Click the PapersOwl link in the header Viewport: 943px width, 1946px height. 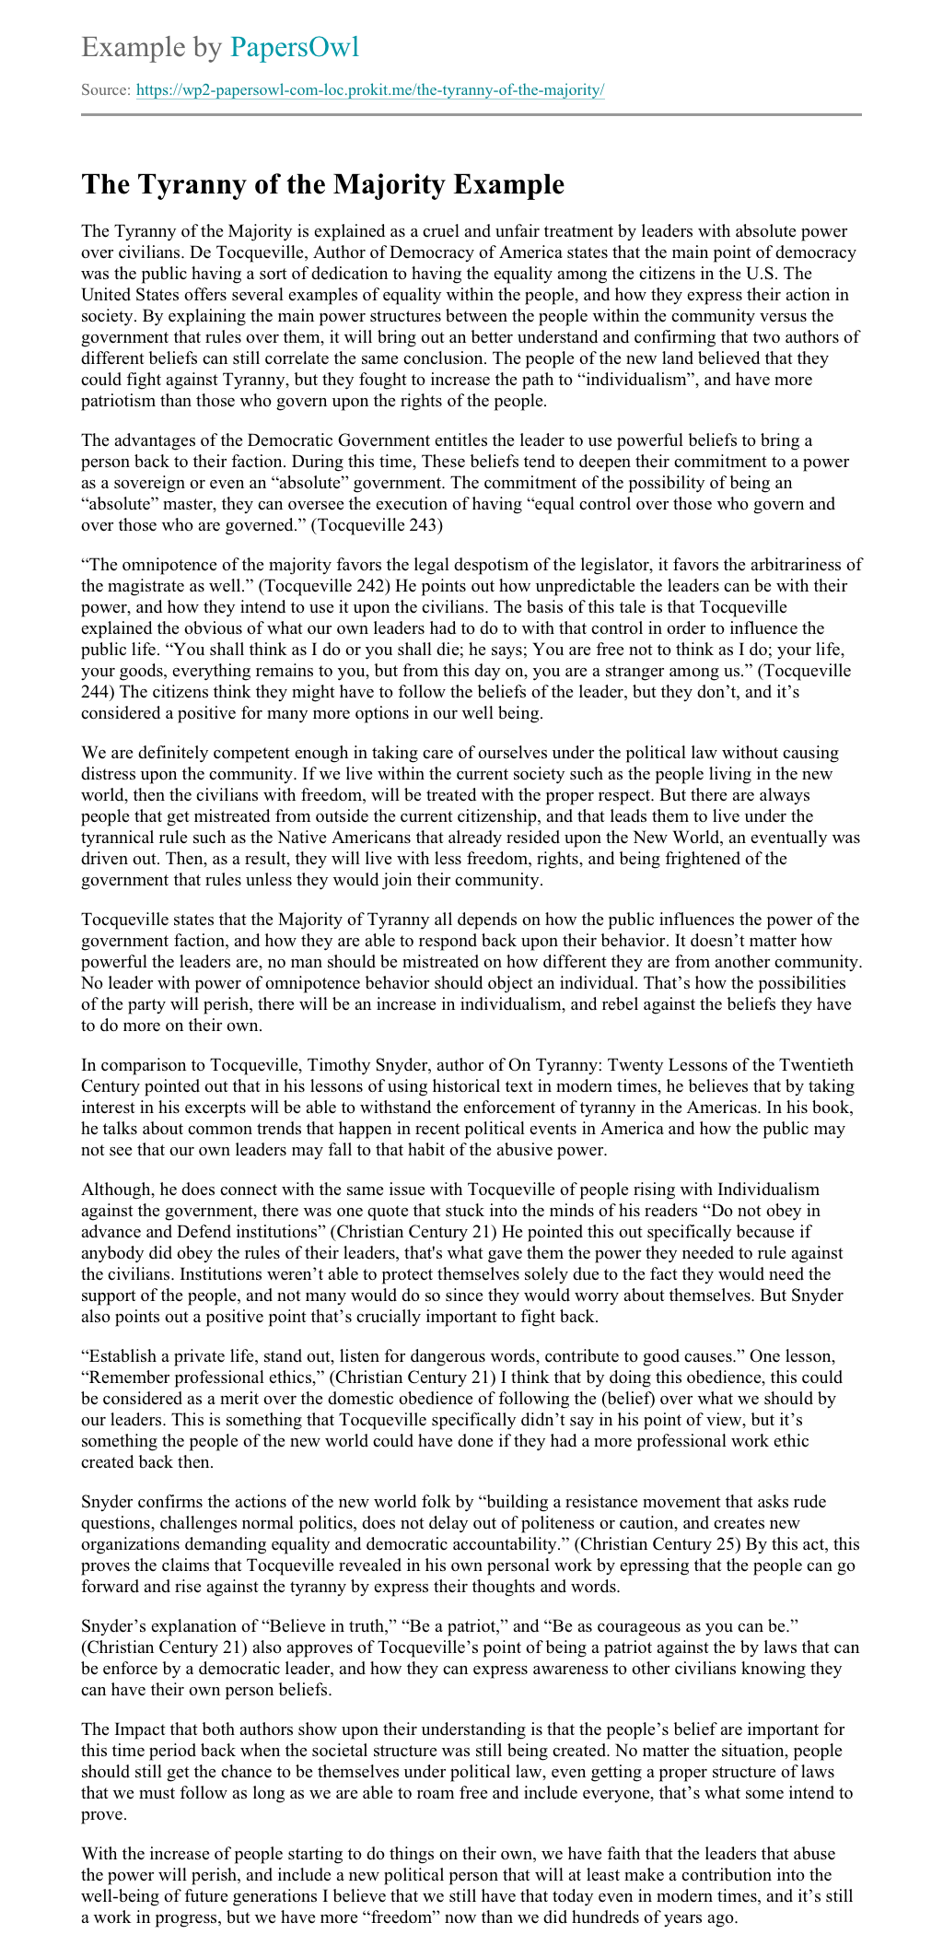pyautogui.click(x=294, y=47)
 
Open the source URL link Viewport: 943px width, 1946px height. pyautogui.click(x=370, y=90)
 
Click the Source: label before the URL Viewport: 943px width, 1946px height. pyautogui.click(x=106, y=90)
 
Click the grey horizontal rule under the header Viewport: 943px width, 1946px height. pyautogui.click(x=471, y=115)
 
